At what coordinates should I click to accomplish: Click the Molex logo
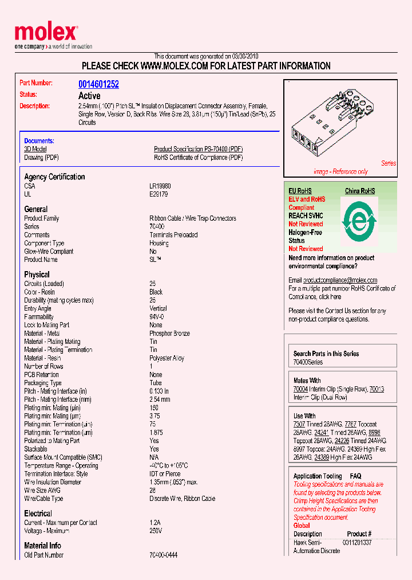point(46,33)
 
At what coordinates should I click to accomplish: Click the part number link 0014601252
point(98,84)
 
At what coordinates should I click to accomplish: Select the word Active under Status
point(89,96)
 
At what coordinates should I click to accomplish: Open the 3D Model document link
point(35,149)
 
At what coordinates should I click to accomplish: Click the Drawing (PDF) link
point(41,157)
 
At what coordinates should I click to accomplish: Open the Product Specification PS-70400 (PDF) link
point(198,149)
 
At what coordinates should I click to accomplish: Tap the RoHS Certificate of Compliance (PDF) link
point(198,157)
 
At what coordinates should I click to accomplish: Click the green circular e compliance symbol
point(360,221)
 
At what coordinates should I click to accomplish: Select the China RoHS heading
point(360,191)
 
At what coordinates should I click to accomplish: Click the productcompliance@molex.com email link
point(340,280)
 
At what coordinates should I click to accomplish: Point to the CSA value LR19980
point(160,186)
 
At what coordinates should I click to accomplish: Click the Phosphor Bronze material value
point(169,334)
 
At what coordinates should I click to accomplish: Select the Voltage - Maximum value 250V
point(156,531)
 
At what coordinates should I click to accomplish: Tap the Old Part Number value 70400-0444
point(163,555)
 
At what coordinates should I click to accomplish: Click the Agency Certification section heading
point(54,177)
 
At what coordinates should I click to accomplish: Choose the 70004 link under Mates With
point(300,389)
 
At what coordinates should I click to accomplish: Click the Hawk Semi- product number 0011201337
point(357,542)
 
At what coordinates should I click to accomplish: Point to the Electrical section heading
point(38,514)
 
